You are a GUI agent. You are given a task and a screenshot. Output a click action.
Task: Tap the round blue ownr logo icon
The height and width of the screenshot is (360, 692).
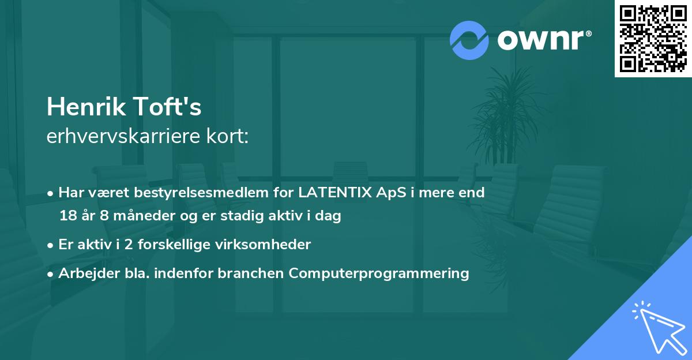[469, 39]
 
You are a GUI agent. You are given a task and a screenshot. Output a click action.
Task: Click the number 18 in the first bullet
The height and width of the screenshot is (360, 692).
[67, 216]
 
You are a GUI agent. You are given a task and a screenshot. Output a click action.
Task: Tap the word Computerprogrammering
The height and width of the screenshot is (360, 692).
[379, 273]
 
